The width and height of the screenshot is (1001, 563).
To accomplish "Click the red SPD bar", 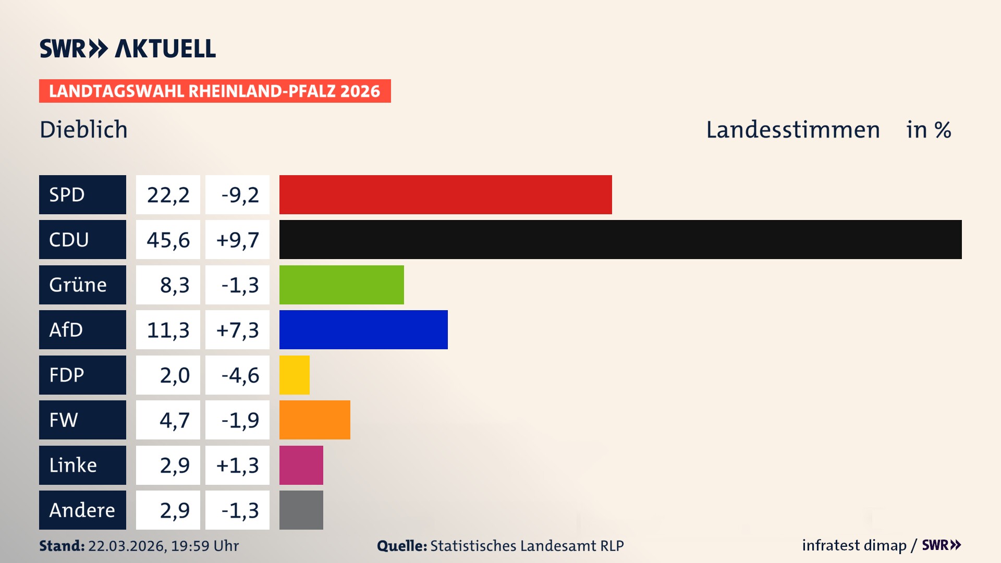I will (x=445, y=194).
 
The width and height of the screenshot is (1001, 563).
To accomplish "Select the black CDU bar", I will (x=620, y=239).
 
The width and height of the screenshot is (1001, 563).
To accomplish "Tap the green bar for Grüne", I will (x=341, y=285).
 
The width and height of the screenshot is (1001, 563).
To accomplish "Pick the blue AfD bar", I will (x=363, y=329).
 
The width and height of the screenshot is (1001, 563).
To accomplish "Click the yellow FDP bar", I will (x=294, y=375).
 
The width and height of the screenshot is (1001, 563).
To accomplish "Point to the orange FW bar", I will (x=314, y=420).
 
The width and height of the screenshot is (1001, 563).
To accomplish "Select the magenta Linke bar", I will (x=301, y=465).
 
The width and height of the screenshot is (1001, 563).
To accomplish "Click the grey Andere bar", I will (x=301, y=510).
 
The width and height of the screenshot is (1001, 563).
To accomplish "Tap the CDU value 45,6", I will (x=168, y=240).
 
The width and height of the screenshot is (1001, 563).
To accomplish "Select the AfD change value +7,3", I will (x=238, y=330).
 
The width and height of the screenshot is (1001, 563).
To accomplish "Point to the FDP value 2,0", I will (x=174, y=375).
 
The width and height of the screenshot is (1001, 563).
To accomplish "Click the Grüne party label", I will (x=78, y=285).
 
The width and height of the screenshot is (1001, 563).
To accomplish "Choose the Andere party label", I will (x=82, y=510).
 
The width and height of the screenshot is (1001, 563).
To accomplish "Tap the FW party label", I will (x=64, y=420).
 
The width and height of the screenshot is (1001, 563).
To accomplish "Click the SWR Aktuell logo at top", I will (x=127, y=48).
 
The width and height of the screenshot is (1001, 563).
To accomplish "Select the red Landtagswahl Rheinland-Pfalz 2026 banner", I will (x=214, y=91).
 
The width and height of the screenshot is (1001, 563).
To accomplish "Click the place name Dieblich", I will (x=83, y=129).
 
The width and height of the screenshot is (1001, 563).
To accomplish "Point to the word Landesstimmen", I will (x=792, y=129).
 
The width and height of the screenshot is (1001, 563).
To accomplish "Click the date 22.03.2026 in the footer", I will (x=127, y=546).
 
